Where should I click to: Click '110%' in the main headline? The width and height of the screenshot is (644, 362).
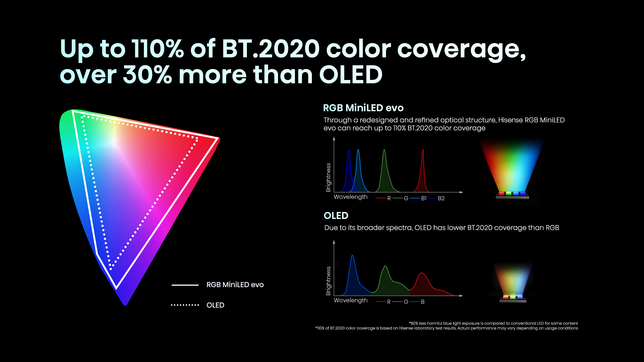[x=158, y=49]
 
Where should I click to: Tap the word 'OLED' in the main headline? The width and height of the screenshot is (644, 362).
[x=351, y=75]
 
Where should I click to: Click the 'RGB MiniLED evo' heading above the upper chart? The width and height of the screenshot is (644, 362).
[x=363, y=108]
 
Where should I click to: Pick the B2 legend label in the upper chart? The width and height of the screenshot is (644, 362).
[x=441, y=198]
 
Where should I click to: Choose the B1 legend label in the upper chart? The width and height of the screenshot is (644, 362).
[x=424, y=198]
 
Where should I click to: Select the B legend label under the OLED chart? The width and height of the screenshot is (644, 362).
[x=423, y=302]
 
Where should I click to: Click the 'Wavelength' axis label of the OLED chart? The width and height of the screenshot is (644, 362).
[x=351, y=300]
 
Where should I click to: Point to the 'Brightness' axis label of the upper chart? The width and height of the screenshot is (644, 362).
[x=328, y=177]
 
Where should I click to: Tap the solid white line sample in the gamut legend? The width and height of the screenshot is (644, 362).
[x=185, y=285]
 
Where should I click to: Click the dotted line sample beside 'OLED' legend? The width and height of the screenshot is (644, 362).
[x=185, y=305]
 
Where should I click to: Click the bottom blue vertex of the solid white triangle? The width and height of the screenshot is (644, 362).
[x=116, y=288]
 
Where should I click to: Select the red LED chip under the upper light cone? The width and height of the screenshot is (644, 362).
[x=501, y=193]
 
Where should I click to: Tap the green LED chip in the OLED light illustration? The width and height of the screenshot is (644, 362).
[x=513, y=297]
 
